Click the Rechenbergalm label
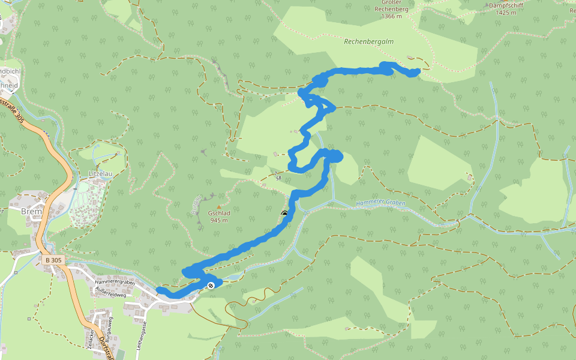coord(368,42)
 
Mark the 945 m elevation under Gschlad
coord(219,220)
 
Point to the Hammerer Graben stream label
coord(380,203)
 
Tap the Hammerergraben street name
coord(114,281)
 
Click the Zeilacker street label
coord(91,339)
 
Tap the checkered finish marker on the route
coord(211,285)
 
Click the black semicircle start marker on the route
coord(284,214)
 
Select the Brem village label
coord(30,212)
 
